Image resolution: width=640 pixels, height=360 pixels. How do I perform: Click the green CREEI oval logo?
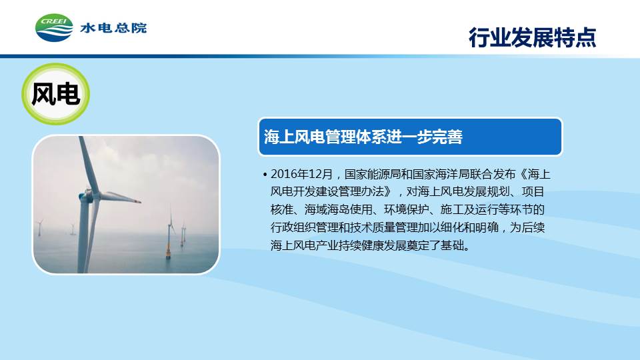pyautogui.click(x=54, y=28)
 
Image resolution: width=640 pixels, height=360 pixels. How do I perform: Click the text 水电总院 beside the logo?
pyautogui.click(x=113, y=28)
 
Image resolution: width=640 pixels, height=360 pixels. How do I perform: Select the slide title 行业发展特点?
pyautogui.click(x=532, y=37)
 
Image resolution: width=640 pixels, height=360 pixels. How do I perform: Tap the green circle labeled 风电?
pyautogui.click(x=55, y=94)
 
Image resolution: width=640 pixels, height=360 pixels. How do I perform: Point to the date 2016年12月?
pyautogui.click(x=302, y=174)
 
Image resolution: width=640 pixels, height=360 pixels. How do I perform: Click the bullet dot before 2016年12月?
pyautogui.click(x=265, y=175)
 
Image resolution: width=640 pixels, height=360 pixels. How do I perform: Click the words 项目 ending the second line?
pyautogui.click(x=533, y=192)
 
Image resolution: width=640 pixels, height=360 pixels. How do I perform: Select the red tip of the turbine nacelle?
pyautogui.click(x=139, y=201)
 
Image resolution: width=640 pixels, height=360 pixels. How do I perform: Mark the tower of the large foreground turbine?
pyautogui.click(x=83, y=237)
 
